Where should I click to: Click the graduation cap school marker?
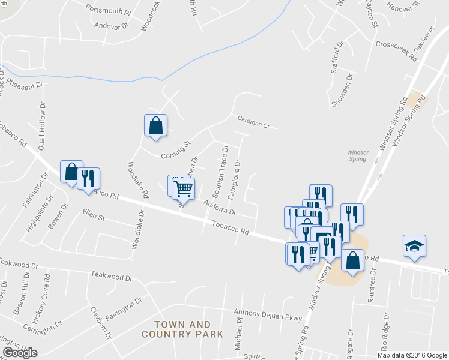414,246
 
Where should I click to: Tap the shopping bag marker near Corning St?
155,125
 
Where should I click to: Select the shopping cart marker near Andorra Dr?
183,188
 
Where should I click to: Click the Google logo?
20,353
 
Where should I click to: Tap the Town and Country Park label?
182,329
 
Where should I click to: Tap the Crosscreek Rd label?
396,52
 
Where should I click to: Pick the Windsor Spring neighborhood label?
358,155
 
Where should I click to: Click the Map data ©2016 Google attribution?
411,355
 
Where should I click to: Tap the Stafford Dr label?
338,57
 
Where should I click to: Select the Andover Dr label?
112,26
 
